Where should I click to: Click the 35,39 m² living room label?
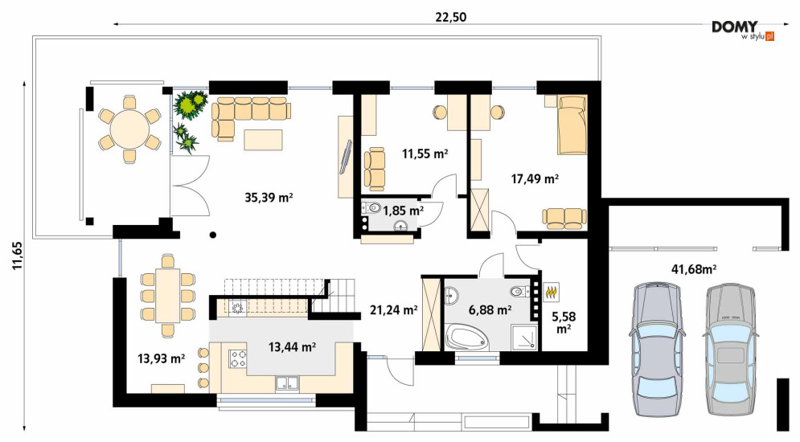269,198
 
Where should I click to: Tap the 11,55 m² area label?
425,153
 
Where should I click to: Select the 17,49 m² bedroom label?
535,179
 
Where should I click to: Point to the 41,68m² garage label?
693,269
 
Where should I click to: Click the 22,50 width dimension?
450,17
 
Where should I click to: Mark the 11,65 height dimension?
18,255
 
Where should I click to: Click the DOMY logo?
735,27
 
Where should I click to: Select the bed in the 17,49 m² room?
572,125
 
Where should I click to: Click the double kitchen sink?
288,383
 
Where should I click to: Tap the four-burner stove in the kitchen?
238,358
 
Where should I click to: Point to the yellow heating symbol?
552,292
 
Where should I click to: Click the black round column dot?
212,235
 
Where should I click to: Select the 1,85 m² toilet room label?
403,211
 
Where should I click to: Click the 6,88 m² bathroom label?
490,309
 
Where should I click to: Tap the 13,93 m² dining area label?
162,359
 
